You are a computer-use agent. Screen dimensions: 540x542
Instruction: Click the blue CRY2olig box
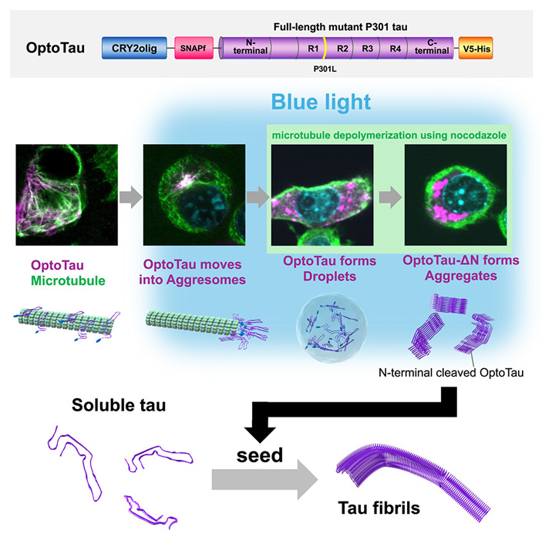click(x=133, y=49)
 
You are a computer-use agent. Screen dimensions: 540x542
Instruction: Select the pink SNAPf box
click(x=193, y=49)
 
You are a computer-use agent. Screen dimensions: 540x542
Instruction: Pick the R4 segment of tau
click(x=395, y=49)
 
